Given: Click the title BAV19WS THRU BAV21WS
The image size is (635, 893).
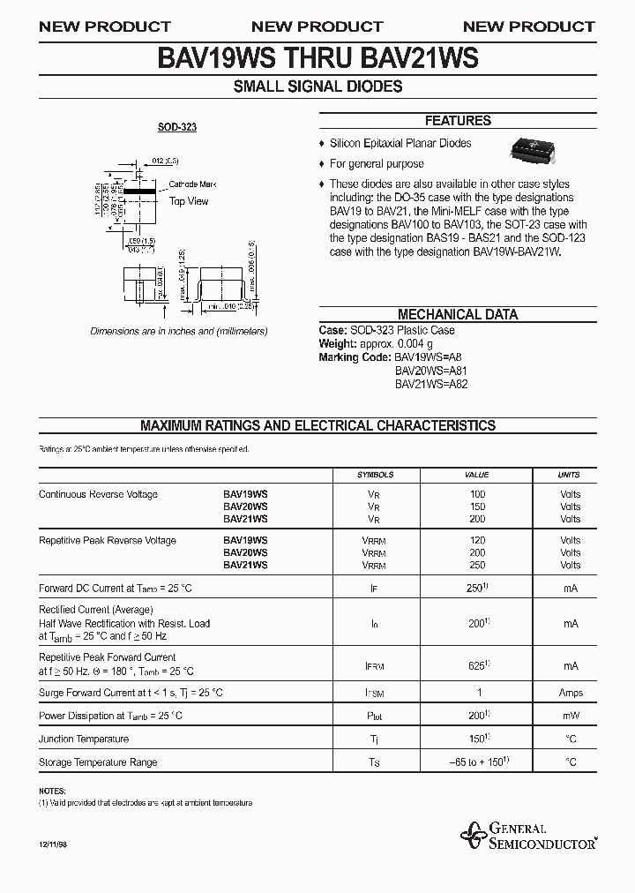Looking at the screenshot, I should [317, 58].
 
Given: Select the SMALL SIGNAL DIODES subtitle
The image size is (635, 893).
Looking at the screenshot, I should [317, 86].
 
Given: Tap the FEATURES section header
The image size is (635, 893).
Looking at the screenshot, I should [458, 121].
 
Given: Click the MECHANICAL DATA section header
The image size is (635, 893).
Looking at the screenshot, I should [458, 314].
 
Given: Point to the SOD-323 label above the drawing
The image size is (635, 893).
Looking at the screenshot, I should [177, 127].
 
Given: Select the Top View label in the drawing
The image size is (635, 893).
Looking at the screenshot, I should [189, 201].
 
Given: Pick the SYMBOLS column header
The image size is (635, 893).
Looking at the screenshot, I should [375, 475].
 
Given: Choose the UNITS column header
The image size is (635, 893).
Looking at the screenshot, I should [570, 475].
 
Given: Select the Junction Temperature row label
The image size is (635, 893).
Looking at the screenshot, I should [84, 739].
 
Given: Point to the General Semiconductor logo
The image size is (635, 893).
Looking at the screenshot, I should [528, 836].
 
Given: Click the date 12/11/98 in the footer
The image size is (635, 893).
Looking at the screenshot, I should [53, 845].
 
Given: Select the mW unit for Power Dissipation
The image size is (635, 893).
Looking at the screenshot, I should [570, 717].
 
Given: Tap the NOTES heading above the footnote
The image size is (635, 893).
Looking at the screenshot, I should [53, 792].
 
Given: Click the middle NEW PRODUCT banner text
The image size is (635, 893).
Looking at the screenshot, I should [317, 26].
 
